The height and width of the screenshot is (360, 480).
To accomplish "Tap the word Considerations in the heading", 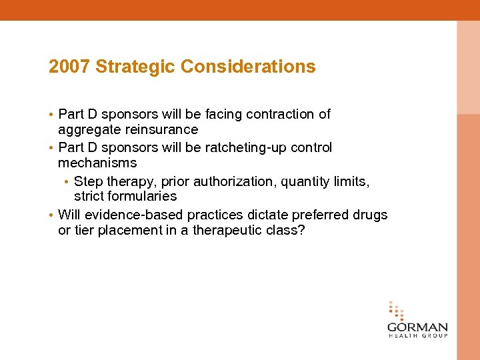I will tap(248, 67).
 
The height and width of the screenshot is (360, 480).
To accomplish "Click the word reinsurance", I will tap(164, 129).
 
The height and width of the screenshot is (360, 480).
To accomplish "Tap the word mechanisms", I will tap(97, 163).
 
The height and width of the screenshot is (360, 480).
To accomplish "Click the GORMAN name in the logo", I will tap(417, 327).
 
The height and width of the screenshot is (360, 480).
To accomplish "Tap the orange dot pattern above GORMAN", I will tap(396, 311).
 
